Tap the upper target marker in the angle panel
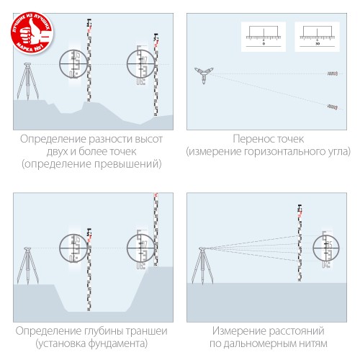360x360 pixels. (x=332, y=73)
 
